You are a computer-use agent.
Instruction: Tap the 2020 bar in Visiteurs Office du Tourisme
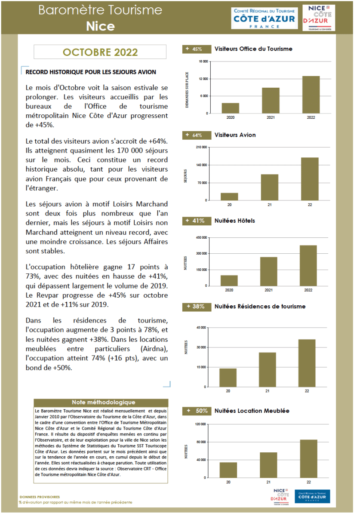(x=231, y=108)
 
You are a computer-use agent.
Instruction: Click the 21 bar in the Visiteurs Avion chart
(x=270, y=187)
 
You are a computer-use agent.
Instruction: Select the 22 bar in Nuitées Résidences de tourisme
(x=307, y=363)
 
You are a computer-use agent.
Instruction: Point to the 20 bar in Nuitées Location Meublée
(x=228, y=470)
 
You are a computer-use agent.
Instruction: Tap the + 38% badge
(x=196, y=307)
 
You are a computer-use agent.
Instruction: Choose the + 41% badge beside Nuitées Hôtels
(x=196, y=221)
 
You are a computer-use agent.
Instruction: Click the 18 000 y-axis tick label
(x=203, y=61)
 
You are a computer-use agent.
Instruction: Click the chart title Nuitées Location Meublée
(x=252, y=411)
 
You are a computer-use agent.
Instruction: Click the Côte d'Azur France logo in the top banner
(x=264, y=18)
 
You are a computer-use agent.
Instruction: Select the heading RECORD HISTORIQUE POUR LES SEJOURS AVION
(x=91, y=72)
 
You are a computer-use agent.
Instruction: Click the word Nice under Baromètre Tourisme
(x=100, y=27)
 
